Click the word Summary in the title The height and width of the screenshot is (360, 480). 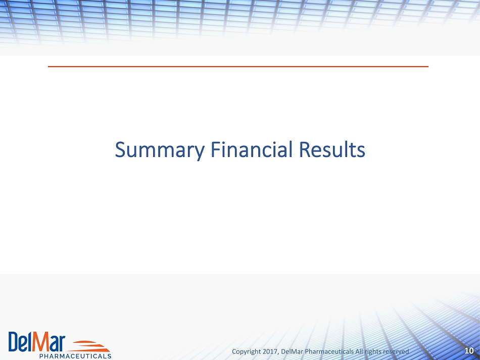pyautogui.click(x=160, y=150)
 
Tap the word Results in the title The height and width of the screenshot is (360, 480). pyautogui.click(x=332, y=149)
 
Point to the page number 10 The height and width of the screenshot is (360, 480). pyautogui.click(x=469, y=350)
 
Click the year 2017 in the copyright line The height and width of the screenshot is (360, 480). pyautogui.click(x=269, y=351)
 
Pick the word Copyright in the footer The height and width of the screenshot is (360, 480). pyautogui.click(x=247, y=352)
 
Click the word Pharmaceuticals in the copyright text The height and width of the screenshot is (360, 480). pyautogui.click(x=329, y=351)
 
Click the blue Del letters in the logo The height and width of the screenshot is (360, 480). pyautogui.click(x=21, y=342)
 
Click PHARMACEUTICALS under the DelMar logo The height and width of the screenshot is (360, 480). pyautogui.click(x=75, y=356)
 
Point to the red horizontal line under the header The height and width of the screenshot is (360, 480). pyautogui.click(x=238, y=66)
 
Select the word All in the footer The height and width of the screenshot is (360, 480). pyautogui.click(x=359, y=351)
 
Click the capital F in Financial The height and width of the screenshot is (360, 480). pyautogui.click(x=216, y=149)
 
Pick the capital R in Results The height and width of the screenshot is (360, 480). pyautogui.click(x=304, y=149)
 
